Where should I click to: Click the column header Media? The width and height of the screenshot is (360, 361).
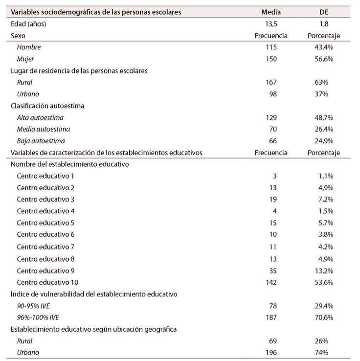[x=271, y=12]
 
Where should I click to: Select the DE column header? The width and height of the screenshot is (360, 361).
[x=324, y=12]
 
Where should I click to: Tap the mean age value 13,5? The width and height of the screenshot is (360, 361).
[x=271, y=23]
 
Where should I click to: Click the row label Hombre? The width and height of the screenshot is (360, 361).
[x=29, y=47]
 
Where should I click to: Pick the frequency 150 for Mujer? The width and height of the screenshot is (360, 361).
[x=271, y=59]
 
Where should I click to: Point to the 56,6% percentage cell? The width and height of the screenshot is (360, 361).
[x=324, y=59]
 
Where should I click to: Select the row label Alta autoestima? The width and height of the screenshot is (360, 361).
[x=40, y=117]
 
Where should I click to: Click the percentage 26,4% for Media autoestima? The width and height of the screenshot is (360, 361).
[x=324, y=129]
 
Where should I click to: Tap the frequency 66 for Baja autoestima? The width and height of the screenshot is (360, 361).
[x=272, y=141]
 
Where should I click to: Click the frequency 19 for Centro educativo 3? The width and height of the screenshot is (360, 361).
[x=272, y=200]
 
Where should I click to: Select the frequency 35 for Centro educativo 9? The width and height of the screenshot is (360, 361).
[x=272, y=271]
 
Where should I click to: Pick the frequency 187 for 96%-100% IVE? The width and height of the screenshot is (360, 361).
[x=271, y=317]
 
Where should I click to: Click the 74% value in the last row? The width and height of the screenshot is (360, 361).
[x=324, y=353]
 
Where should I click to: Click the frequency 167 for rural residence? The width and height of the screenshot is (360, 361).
[x=271, y=82]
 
